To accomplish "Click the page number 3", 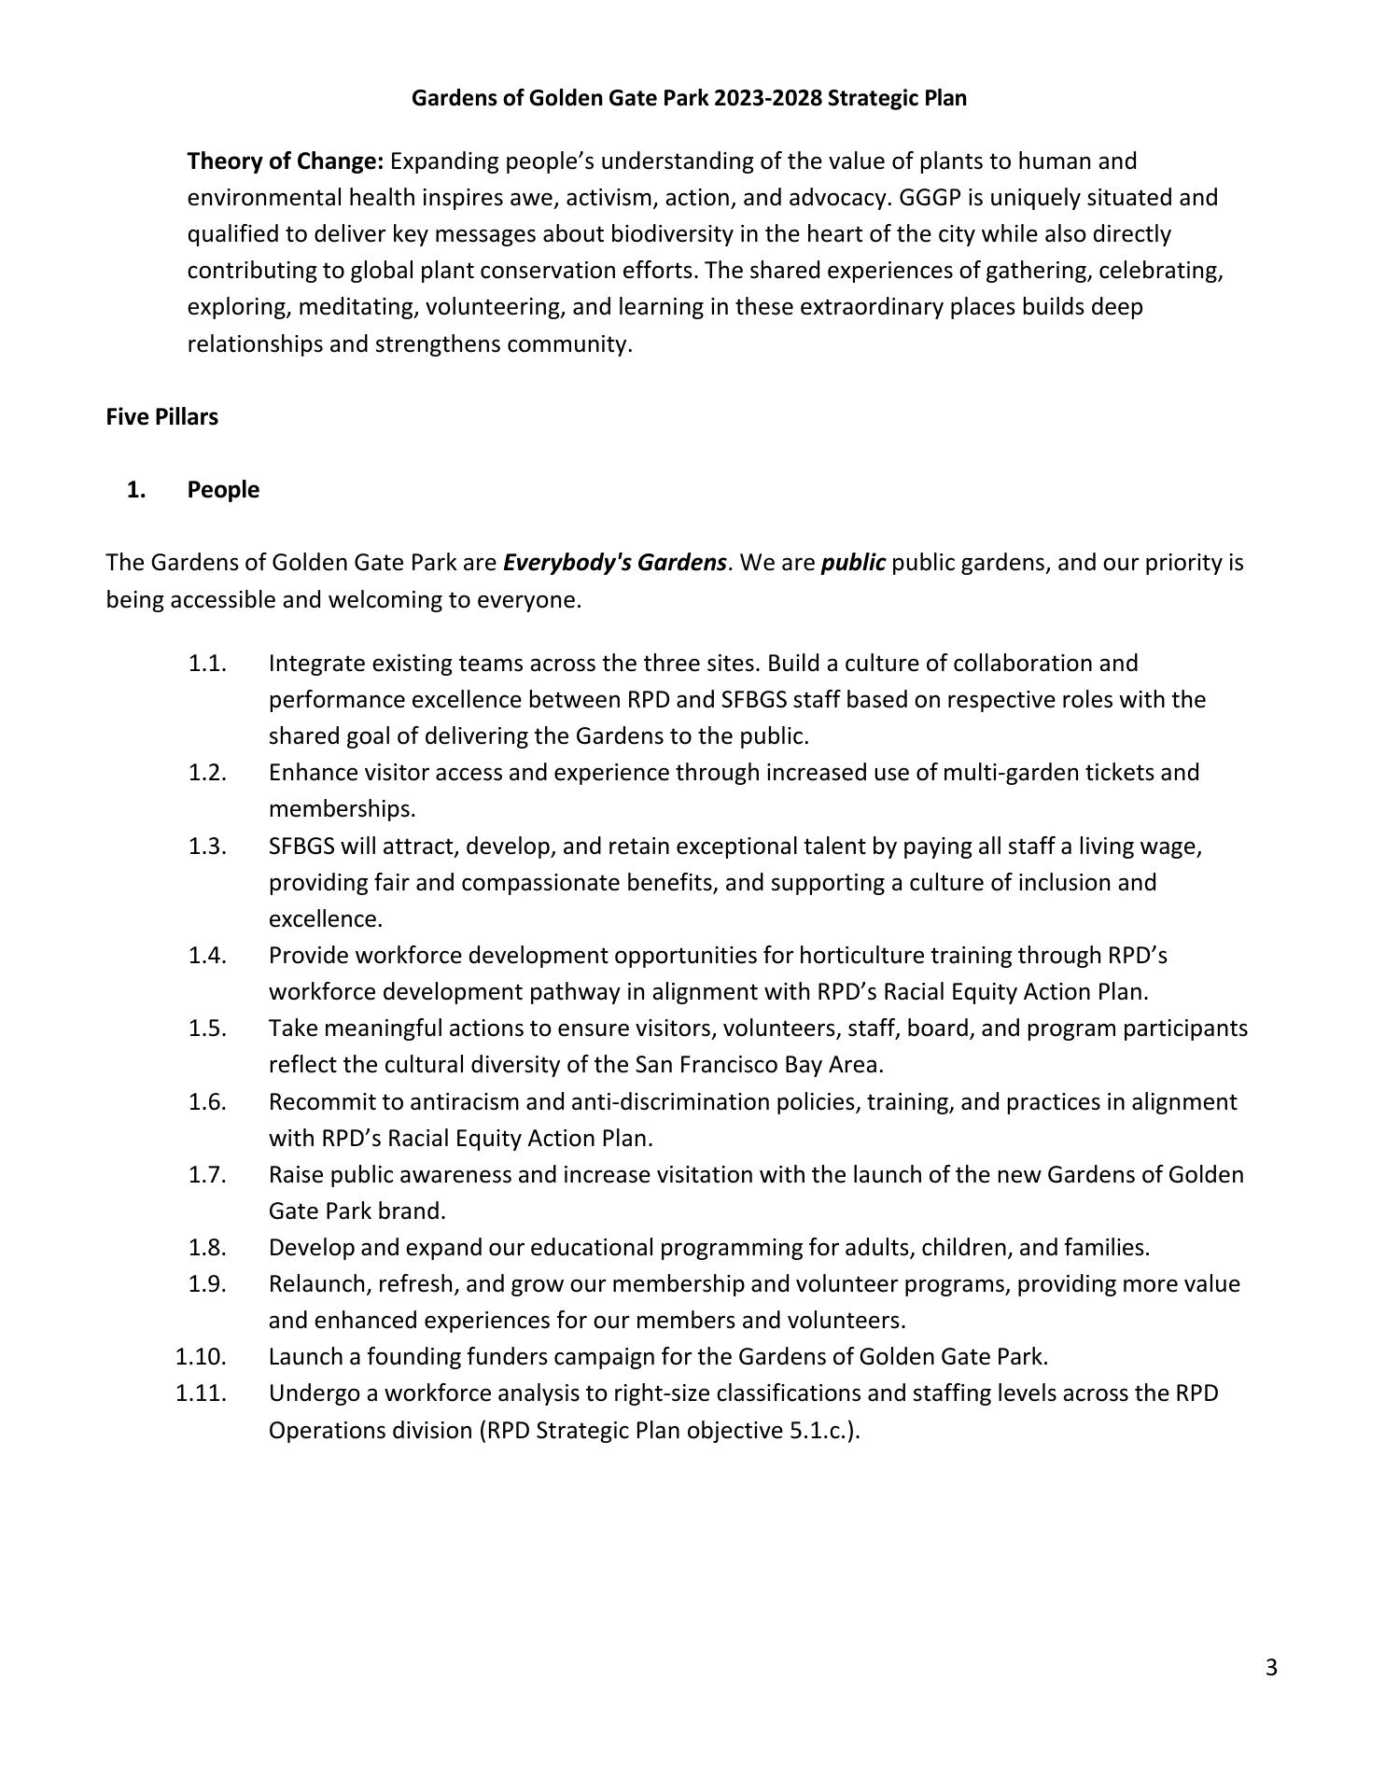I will point(1271,1668).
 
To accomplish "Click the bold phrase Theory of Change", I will point(285,161).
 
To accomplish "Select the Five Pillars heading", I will point(161,417).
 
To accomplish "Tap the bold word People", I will point(223,490).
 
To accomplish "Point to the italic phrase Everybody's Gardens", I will point(614,563).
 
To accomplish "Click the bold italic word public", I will point(853,563).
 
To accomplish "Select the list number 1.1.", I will point(207,664).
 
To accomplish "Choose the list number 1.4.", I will point(207,956).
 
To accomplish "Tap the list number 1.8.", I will point(207,1248).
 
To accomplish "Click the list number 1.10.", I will point(201,1357).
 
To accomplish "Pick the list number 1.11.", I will point(201,1393).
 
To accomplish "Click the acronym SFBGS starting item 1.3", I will point(301,847).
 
